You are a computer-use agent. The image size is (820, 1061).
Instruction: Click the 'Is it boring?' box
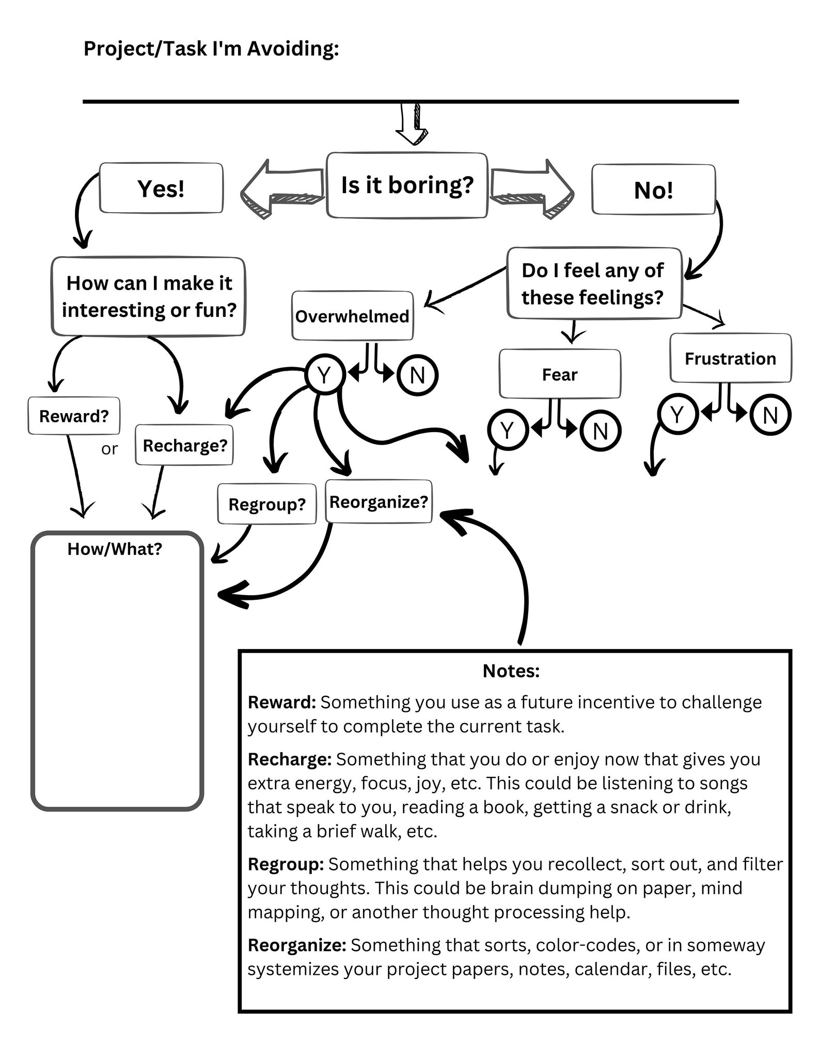[x=407, y=185]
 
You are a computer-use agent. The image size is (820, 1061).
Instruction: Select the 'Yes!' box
[x=161, y=188]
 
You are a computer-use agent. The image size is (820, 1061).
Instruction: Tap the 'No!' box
[x=653, y=190]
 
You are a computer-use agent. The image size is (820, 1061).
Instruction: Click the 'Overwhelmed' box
[x=352, y=316]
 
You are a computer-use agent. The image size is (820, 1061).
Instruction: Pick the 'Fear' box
[x=560, y=374]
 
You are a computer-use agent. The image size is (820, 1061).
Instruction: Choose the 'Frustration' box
[x=730, y=358]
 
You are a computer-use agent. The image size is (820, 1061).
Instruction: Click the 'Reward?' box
[x=74, y=416]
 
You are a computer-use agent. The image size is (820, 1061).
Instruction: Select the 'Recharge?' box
[x=184, y=445]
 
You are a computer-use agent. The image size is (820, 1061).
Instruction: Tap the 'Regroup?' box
[x=267, y=504]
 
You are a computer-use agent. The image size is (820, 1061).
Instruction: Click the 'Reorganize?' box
[x=379, y=502]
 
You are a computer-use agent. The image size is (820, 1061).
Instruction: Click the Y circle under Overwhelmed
[x=324, y=375]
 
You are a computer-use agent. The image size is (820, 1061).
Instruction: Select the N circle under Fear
[x=600, y=431]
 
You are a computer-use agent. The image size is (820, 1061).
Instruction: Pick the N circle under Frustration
[x=770, y=415]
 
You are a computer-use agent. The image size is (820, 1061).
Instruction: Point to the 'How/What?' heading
[x=115, y=549]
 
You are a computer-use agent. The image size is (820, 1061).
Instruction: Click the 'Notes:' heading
[x=511, y=671]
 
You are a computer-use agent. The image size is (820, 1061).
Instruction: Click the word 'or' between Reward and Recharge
[x=109, y=449]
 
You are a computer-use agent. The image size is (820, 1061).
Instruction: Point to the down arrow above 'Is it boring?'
[x=412, y=125]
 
